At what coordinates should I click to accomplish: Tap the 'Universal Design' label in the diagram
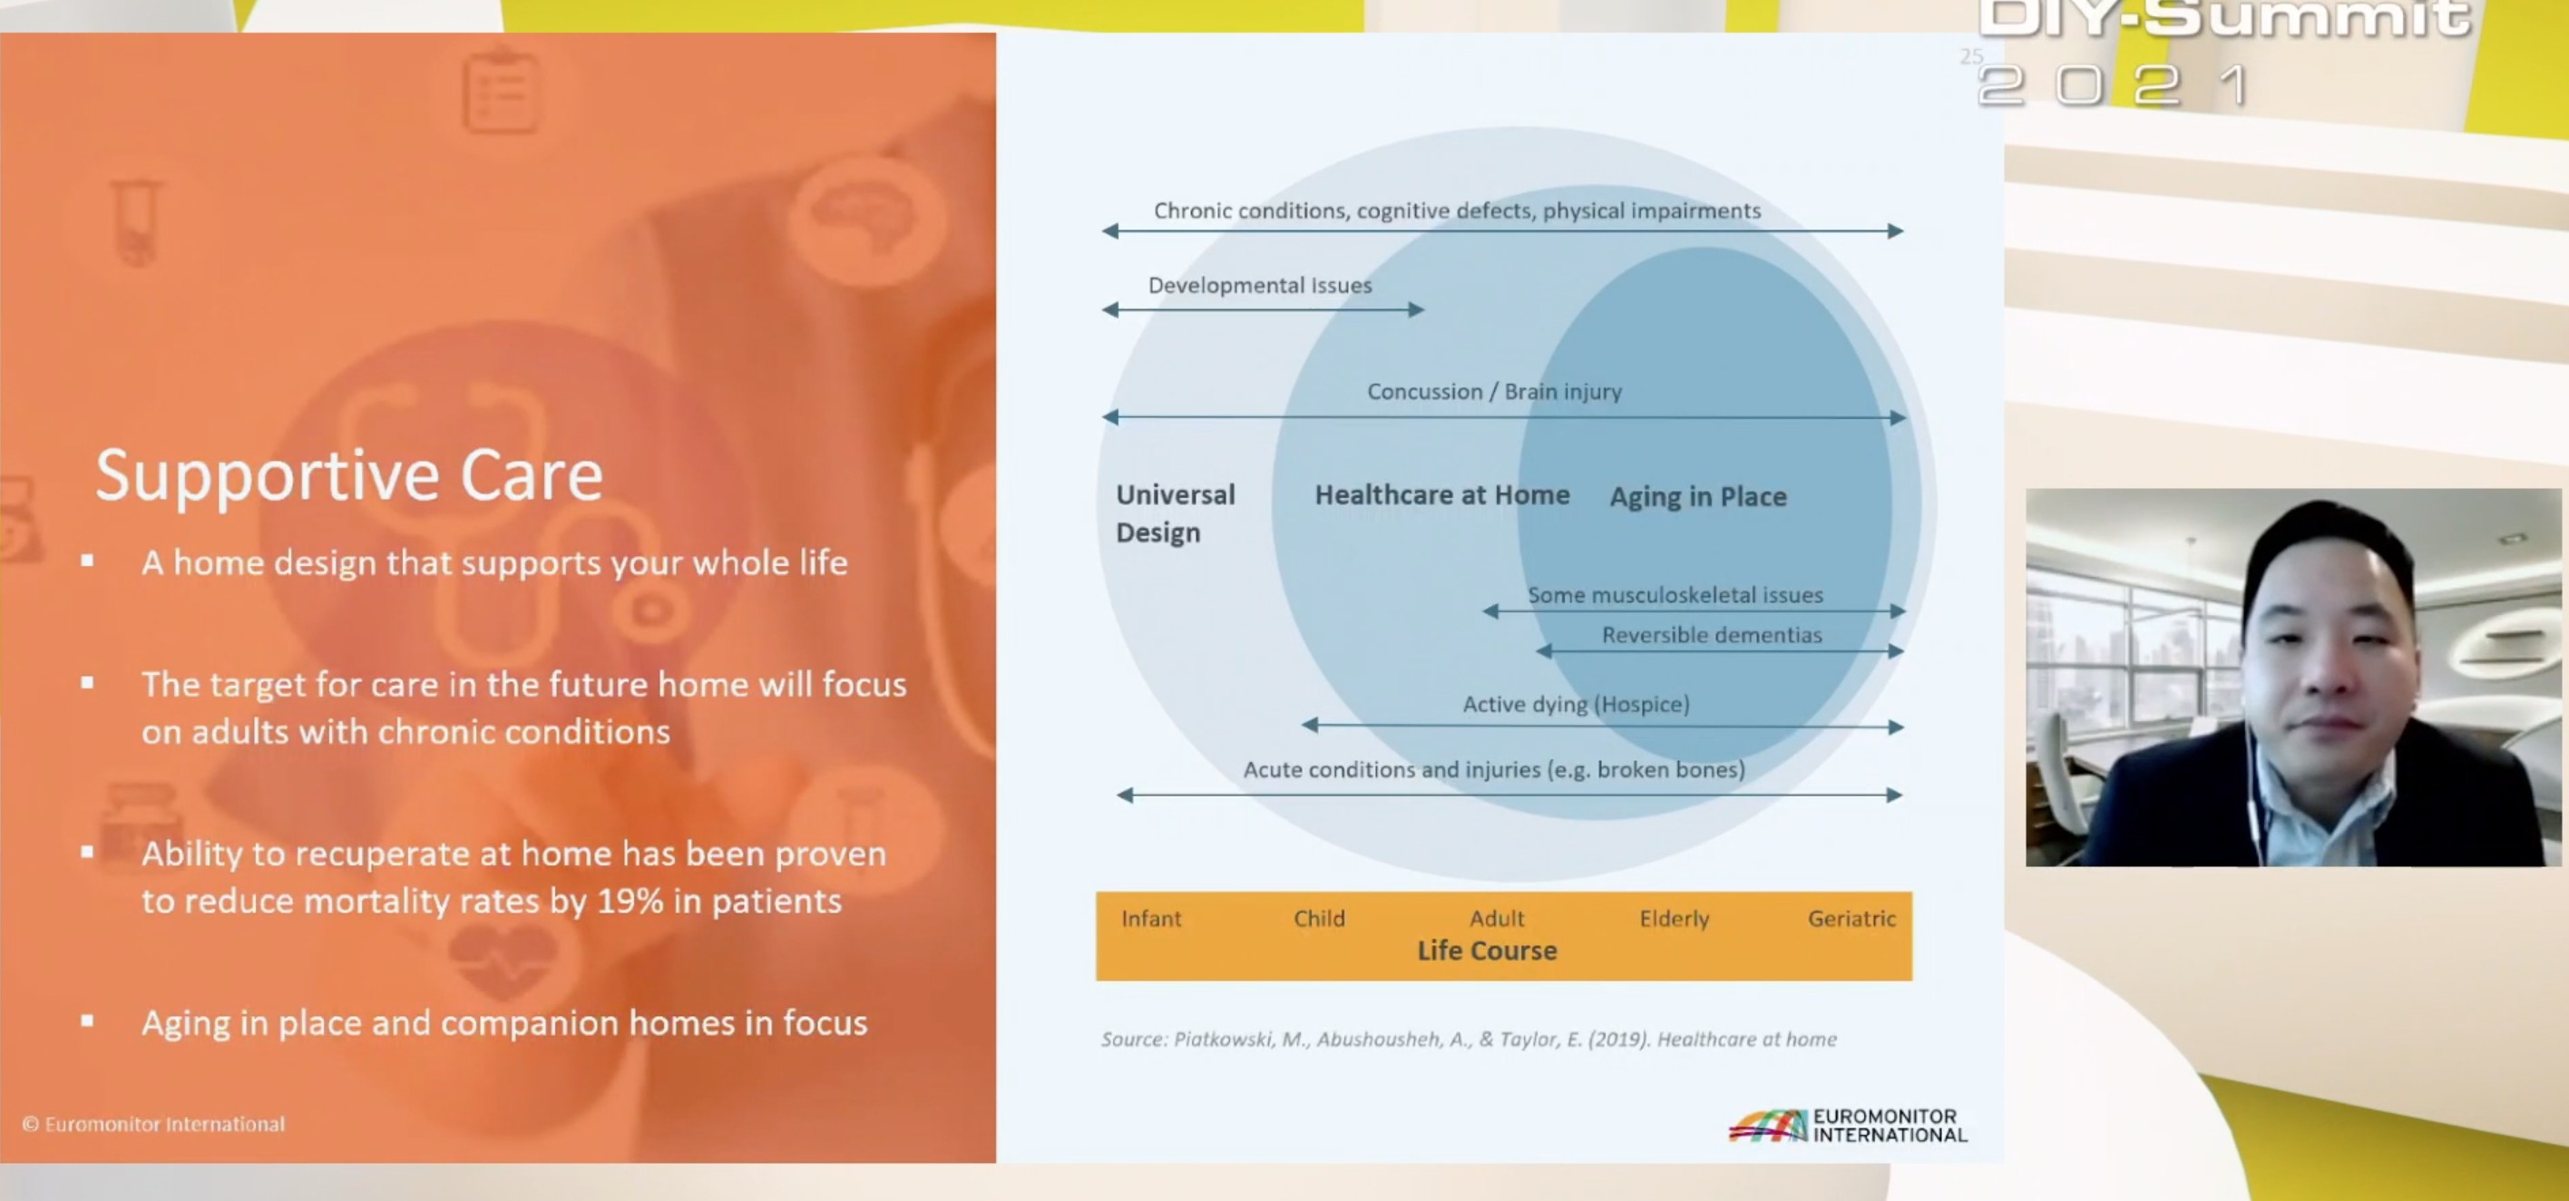point(1175,513)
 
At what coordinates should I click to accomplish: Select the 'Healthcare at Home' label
point(1442,494)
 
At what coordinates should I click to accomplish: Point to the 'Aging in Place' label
point(1697,497)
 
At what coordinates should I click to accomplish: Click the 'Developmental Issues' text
point(1260,286)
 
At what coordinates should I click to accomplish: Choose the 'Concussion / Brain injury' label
point(1494,392)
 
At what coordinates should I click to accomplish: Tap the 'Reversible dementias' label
point(1712,635)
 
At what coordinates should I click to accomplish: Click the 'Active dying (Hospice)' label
point(1576,704)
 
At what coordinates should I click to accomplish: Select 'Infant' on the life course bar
point(1151,918)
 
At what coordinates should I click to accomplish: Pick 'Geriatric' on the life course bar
point(1851,918)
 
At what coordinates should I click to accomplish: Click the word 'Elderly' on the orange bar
point(1675,919)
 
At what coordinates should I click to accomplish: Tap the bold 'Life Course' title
point(1487,951)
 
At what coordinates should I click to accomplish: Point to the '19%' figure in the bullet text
point(630,902)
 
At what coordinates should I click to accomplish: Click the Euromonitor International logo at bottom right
point(1848,1125)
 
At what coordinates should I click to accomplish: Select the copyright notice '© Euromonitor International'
point(153,1124)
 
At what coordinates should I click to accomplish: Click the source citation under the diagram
point(1468,1040)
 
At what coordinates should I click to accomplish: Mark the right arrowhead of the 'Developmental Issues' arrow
point(1417,310)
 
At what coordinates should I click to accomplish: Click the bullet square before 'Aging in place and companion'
point(88,1020)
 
